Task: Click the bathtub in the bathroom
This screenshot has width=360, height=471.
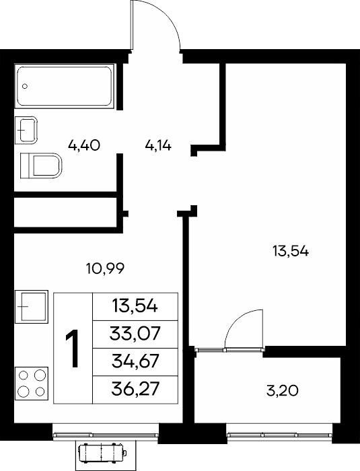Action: (x=65, y=86)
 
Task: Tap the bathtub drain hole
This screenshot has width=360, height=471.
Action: (x=25, y=86)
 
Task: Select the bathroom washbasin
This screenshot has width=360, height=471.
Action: (x=26, y=130)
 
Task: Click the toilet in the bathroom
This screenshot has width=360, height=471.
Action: (x=41, y=166)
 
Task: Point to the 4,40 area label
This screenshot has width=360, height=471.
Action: (x=84, y=146)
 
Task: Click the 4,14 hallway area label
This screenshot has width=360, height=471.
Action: (x=158, y=146)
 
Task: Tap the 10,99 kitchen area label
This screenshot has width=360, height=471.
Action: (x=105, y=268)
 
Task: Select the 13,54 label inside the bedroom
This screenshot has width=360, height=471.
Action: (x=291, y=251)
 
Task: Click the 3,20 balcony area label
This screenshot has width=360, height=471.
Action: (x=283, y=391)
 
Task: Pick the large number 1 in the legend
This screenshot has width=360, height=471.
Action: (x=72, y=349)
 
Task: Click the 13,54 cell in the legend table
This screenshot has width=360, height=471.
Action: (x=135, y=307)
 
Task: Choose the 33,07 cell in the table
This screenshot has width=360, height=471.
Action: (x=135, y=334)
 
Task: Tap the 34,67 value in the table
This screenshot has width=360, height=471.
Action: (x=135, y=361)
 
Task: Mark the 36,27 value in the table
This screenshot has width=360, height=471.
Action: (x=135, y=390)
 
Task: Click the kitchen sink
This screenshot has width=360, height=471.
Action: (x=32, y=307)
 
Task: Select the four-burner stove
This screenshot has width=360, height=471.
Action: (x=32, y=384)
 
